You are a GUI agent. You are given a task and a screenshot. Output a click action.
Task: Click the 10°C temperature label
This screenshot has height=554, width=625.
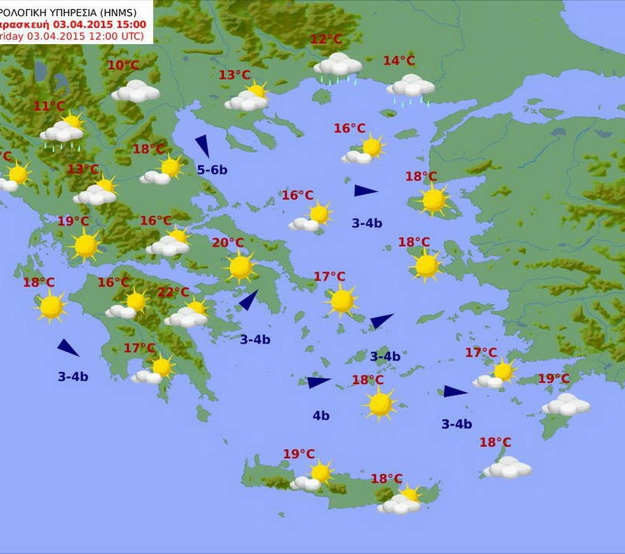click(x=123, y=66)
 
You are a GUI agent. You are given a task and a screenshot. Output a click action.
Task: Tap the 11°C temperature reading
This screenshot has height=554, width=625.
click(x=49, y=107)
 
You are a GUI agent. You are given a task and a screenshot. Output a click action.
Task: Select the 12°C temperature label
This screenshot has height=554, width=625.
click(x=326, y=40)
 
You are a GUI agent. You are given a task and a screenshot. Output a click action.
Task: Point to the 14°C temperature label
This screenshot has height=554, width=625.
click(x=399, y=61)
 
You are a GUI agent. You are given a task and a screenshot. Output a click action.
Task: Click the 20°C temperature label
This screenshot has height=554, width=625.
click(x=227, y=243)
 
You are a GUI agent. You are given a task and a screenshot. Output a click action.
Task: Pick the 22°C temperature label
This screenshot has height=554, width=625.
click(x=173, y=293)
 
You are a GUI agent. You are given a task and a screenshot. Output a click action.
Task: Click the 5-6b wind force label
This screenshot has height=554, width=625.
click(x=212, y=170)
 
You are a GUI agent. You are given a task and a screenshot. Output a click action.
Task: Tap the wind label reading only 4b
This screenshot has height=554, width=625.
click(x=321, y=416)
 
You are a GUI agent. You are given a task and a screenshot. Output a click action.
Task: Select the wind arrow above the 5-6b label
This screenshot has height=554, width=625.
click(x=203, y=146)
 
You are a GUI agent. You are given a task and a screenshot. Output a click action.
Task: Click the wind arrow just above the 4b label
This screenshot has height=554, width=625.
click(x=319, y=383)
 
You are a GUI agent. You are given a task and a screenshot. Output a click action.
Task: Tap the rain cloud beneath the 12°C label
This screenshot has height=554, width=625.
click(x=338, y=66)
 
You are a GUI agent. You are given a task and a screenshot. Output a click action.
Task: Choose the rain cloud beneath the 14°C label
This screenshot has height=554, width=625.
click(x=411, y=88)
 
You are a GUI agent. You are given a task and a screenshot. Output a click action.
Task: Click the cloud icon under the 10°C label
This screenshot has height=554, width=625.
click(x=136, y=91)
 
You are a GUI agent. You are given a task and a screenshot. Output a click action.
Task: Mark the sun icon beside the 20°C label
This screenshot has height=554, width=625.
click(x=241, y=267)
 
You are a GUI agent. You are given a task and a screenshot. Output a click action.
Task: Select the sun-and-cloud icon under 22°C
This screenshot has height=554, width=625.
click(x=187, y=314)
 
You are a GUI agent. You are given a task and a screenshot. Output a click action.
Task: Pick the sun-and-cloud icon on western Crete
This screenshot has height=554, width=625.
click(x=313, y=477)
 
